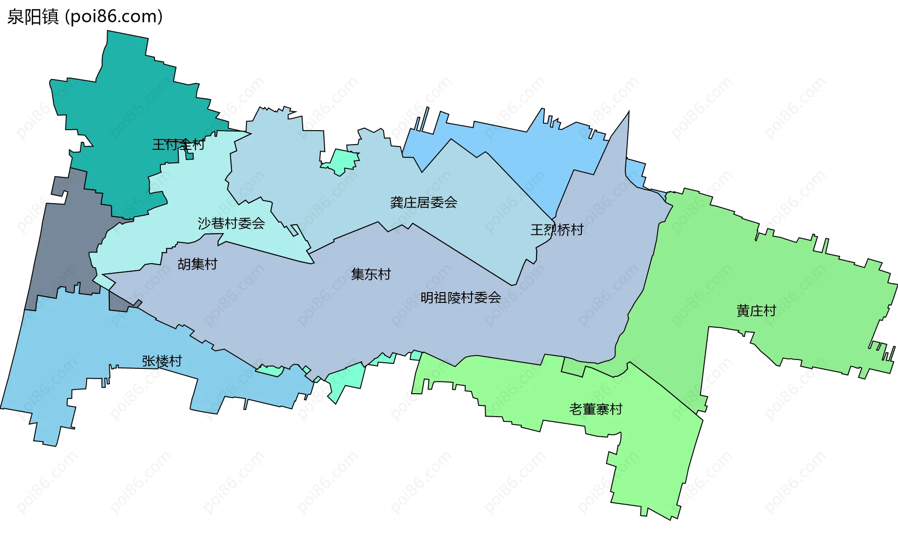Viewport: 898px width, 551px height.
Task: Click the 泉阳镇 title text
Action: pyautogui.click(x=33, y=17)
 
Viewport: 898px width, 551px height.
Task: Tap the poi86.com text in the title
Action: pyautogui.click(x=114, y=17)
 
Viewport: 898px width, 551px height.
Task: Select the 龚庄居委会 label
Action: pyautogui.click(x=423, y=203)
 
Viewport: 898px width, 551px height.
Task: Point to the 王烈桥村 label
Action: pyautogui.click(x=557, y=230)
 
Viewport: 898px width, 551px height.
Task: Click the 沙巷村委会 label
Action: pyautogui.click(x=231, y=223)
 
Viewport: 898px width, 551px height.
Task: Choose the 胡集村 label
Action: pyautogui.click(x=197, y=264)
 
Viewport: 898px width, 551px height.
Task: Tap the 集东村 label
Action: pyautogui.click(x=371, y=274)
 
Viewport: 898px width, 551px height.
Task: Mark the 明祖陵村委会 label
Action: pyautogui.click(x=461, y=298)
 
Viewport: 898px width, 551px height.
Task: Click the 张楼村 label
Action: pyautogui.click(x=162, y=361)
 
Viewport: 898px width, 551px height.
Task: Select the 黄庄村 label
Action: pyautogui.click(x=756, y=311)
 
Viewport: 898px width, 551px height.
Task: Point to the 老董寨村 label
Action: pyautogui.click(x=595, y=409)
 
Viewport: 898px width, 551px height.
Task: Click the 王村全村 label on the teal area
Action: pyautogui.click(x=178, y=145)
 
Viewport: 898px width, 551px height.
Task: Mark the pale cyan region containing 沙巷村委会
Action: pyautogui.click(x=187, y=197)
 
